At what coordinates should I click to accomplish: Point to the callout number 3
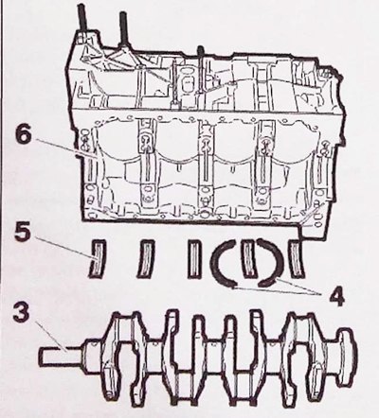pyautogui.click(x=23, y=313)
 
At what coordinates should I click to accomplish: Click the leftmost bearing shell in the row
pyautogui.click(x=97, y=258)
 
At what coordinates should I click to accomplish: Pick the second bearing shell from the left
pyautogui.click(x=146, y=258)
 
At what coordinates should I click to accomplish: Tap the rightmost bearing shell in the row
pyautogui.click(x=296, y=258)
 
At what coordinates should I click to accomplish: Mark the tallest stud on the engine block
pyautogui.click(x=83, y=20)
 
